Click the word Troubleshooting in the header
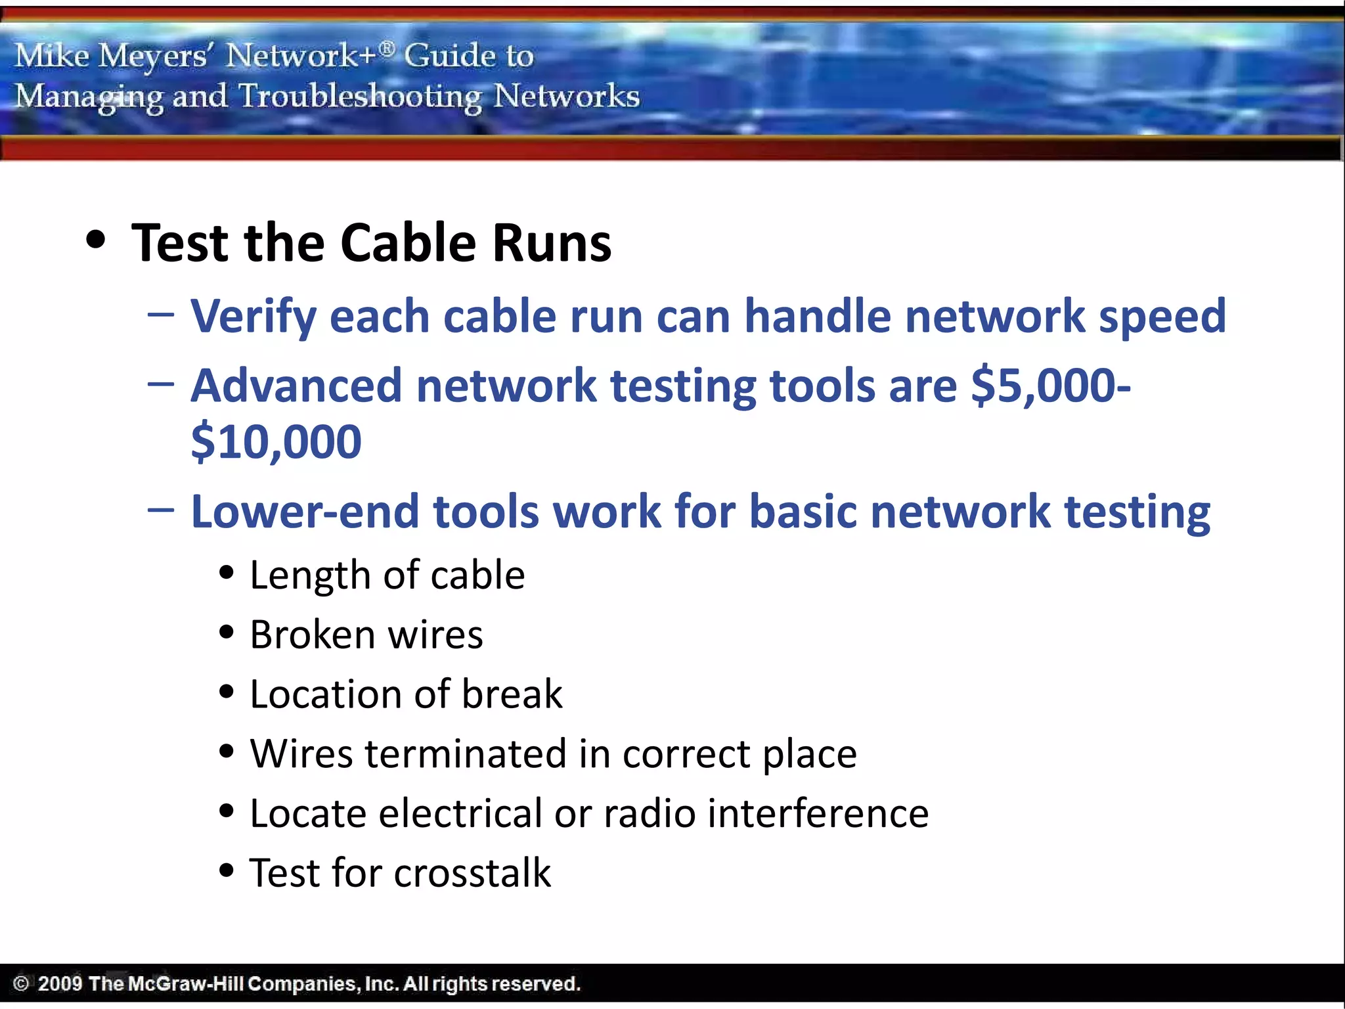point(360,97)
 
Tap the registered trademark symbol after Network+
point(387,49)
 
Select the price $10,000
point(276,441)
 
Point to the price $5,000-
point(1050,386)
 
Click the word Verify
point(254,317)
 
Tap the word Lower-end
point(305,512)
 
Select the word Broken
point(312,635)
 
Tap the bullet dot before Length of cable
point(227,573)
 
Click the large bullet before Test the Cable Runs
point(96,240)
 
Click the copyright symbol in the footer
point(21,983)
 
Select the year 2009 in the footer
point(60,983)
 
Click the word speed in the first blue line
point(1162,317)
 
